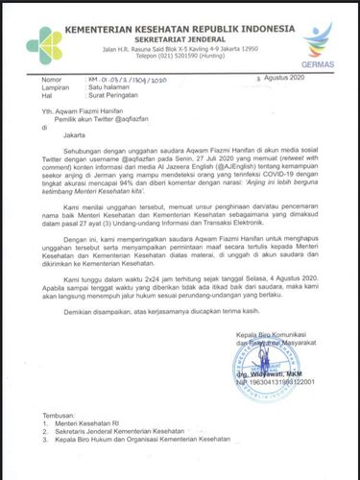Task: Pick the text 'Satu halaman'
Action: pyautogui.click(x=125, y=85)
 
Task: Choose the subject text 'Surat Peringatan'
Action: pyautogui.click(x=132, y=95)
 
